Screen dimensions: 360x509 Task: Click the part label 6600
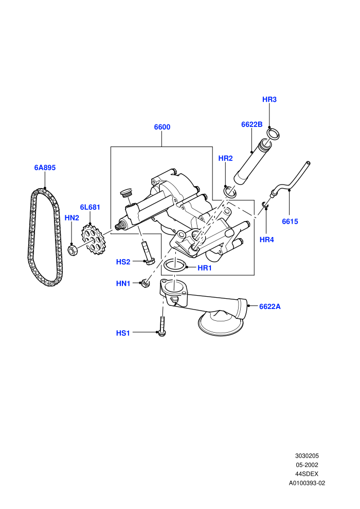click(162, 127)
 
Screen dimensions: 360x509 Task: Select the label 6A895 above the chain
click(45, 168)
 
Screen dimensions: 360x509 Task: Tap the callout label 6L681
click(90, 207)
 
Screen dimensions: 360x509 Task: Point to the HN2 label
click(71, 217)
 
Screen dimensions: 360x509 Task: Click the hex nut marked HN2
click(72, 250)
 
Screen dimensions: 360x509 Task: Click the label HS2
click(123, 262)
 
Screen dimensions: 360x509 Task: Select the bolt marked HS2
click(147, 253)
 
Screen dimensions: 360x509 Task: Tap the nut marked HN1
click(146, 283)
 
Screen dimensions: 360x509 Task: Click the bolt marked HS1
click(161, 326)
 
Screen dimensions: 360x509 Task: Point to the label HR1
click(205, 268)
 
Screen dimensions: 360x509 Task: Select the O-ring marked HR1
click(175, 265)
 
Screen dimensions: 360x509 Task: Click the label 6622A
click(270, 306)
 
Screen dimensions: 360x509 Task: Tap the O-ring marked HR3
click(273, 134)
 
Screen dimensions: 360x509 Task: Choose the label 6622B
click(251, 124)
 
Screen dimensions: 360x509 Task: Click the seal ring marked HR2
click(230, 192)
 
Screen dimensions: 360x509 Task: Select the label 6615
click(290, 222)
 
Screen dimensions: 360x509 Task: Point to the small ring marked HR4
click(265, 205)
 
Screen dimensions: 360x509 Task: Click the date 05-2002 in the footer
click(307, 465)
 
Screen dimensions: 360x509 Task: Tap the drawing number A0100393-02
click(307, 483)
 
